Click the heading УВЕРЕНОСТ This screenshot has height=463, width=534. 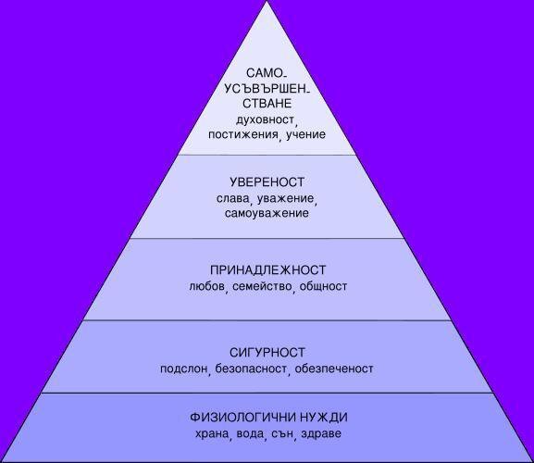point(267,182)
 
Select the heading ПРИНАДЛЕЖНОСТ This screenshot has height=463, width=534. point(268,270)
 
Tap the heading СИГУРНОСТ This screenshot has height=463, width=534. point(267,353)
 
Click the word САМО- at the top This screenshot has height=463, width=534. point(267,73)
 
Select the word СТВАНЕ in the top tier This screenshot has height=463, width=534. point(267,103)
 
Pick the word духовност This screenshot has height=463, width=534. point(265,120)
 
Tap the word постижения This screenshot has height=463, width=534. point(243,134)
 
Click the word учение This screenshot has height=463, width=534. point(305,134)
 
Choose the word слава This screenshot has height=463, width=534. point(232,198)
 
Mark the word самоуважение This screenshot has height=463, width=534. point(267,213)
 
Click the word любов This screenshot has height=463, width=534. point(206,285)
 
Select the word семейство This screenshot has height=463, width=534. point(262,286)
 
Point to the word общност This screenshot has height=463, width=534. point(323,286)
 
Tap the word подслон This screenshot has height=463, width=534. point(184,369)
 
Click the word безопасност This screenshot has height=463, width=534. point(251,369)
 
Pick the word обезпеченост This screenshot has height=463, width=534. point(334,369)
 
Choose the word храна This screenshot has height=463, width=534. point(212,434)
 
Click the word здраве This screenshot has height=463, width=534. point(321,434)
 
